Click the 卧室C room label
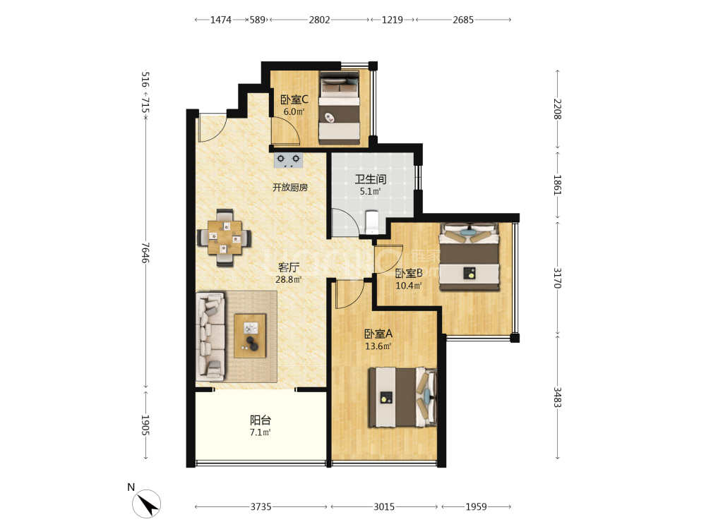[294, 99]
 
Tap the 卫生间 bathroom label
[370, 179]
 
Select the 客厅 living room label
[288, 267]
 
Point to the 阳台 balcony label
[261, 420]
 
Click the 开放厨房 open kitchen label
[290, 187]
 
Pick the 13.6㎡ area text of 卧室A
[378, 346]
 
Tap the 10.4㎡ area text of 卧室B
[408, 286]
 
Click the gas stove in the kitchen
[288, 160]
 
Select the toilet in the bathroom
[372, 221]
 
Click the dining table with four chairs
[225, 237]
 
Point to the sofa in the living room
[210, 334]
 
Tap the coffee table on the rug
[250, 336]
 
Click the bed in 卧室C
[340, 108]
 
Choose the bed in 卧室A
[402, 397]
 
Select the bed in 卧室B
[469, 257]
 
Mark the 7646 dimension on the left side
[145, 253]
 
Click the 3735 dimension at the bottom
[261, 507]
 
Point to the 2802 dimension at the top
[319, 20]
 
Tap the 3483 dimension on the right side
[558, 397]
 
